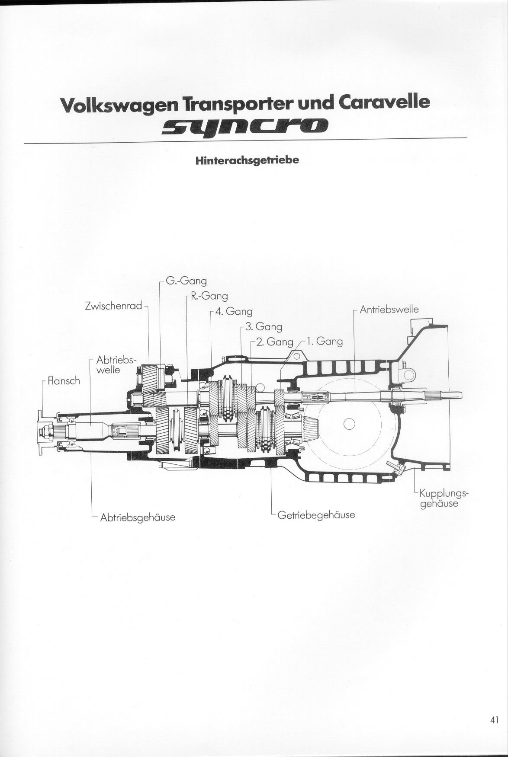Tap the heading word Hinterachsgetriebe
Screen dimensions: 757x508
click(x=247, y=161)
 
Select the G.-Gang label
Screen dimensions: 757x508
click(x=186, y=281)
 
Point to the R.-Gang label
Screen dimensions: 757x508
click(x=209, y=296)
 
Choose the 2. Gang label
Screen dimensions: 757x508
click(x=275, y=342)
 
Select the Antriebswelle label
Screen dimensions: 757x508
click(x=389, y=310)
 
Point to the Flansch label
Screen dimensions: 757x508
click(x=64, y=381)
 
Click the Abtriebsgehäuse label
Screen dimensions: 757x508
click(x=138, y=517)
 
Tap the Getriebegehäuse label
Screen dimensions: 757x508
click(x=316, y=515)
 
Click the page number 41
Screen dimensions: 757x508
click(x=495, y=720)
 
